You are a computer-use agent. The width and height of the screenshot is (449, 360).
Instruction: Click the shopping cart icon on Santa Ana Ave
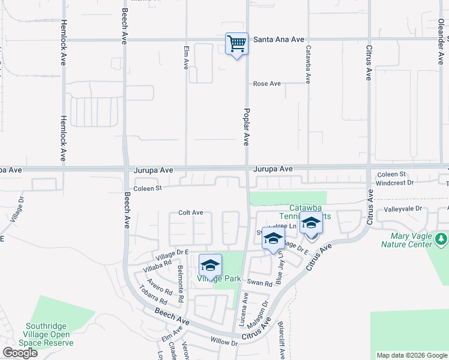(x=237, y=44)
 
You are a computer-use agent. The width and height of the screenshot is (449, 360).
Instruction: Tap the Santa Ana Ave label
(x=279, y=39)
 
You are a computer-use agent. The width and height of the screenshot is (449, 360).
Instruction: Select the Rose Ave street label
(x=267, y=84)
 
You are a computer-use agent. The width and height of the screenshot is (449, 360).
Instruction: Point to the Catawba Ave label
(x=308, y=65)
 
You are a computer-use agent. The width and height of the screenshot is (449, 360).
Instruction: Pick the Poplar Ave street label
(x=246, y=127)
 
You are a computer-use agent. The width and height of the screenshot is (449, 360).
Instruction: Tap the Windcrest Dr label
(x=394, y=182)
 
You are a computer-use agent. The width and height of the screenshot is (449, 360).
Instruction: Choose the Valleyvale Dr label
(x=402, y=209)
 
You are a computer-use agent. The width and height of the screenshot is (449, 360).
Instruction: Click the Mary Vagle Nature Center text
(x=406, y=240)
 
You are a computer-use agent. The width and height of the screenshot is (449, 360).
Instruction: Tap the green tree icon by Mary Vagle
(x=441, y=239)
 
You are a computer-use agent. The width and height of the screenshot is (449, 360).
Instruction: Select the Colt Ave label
(x=191, y=212)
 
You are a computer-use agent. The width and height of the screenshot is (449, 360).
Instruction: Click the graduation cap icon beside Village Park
(x=210, y=265)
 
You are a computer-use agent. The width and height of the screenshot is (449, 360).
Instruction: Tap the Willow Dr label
(x=224, y=341)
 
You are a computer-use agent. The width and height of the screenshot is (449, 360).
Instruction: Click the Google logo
(x=20, y=353)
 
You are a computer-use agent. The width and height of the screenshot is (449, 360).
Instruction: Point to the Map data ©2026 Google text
(x=411, y=355)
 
